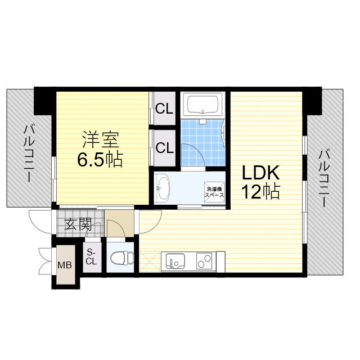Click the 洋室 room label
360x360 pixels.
98,139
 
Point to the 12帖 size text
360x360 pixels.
260,192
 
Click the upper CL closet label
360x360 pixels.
164,109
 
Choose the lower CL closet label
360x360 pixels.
164,148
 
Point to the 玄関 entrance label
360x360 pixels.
78,226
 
